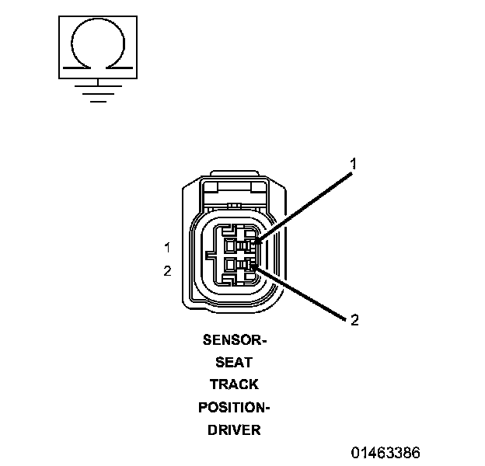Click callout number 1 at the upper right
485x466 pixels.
354,164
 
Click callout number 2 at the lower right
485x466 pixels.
354,319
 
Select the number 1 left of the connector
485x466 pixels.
167,248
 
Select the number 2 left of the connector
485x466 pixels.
167,271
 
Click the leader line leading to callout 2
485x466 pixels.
303,293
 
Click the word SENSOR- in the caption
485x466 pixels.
234,340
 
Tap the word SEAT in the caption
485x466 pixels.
234,362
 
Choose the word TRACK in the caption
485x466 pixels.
234,384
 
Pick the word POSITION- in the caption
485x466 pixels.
234,407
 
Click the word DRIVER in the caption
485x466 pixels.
234,429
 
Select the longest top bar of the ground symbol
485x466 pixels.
98,85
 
